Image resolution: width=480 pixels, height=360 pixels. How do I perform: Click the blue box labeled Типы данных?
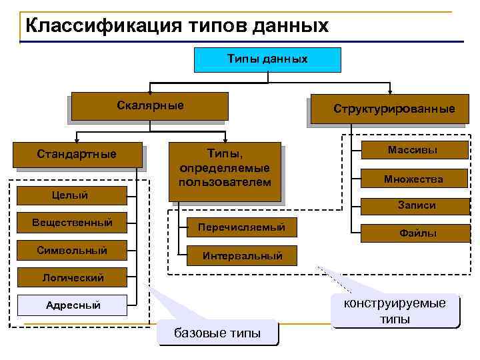267,59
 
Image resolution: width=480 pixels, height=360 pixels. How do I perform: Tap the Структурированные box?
394,109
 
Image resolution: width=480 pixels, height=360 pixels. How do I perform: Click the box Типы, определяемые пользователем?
225,170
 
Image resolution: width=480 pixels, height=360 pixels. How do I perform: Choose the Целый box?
70,195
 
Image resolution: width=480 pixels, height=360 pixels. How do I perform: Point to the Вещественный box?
72,223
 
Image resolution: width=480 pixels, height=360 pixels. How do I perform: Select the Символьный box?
72,251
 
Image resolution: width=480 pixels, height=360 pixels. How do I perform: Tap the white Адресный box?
72,305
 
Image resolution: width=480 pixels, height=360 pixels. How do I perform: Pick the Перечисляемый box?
241,227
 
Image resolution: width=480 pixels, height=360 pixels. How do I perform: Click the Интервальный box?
242,255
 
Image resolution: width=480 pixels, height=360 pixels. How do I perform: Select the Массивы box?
413,150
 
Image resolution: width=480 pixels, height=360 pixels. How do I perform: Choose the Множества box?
413,179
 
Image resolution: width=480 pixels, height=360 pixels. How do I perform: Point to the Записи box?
417,205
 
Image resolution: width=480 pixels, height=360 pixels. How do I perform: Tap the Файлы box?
417,233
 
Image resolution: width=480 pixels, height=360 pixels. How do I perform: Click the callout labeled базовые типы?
217,332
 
